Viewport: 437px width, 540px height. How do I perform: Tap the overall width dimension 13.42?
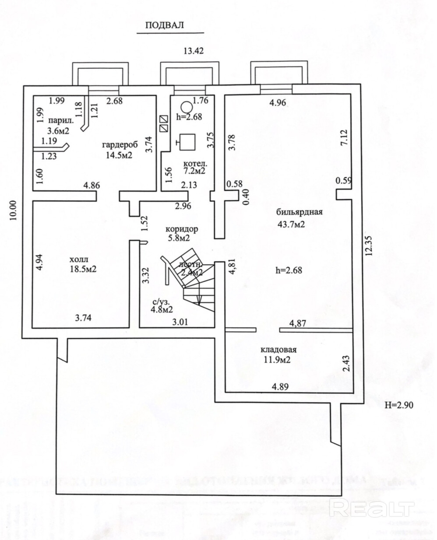(x=194, y=50)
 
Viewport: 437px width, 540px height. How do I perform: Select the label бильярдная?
(x=300, y=213)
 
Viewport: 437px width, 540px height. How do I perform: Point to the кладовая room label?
(x=279, y=350)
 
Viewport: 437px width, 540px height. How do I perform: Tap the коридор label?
(x=182, y=228)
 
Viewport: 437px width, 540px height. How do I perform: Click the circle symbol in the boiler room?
(x=186, y=106)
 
